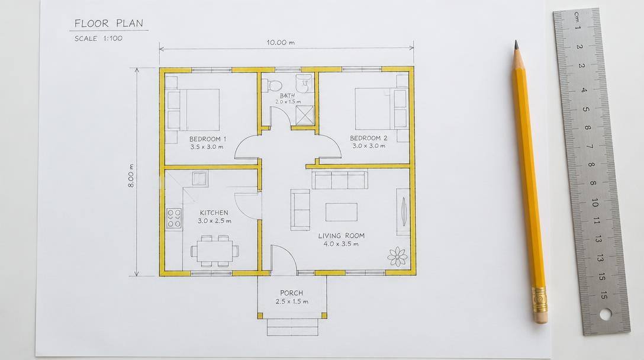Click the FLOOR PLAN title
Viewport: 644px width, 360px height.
109,24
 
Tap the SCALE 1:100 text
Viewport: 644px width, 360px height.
99,38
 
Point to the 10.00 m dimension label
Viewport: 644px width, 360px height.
281,42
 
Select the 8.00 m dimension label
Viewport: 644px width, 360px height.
131,176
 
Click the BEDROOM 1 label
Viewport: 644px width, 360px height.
207,139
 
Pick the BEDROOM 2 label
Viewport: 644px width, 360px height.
368,138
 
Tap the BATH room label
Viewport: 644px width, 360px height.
287,95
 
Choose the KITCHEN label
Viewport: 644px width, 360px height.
214,213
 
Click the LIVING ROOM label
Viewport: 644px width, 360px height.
342,236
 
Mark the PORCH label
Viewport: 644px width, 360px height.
292,293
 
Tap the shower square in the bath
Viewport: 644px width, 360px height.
304,115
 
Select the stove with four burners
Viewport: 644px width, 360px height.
174,218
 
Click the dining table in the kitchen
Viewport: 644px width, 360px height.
215,250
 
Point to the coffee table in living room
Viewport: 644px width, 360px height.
342,212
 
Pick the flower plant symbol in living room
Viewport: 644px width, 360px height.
398,256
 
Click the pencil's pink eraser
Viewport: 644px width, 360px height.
541,316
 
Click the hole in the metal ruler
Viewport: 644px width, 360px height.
606,314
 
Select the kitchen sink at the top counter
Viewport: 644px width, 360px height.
199,178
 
